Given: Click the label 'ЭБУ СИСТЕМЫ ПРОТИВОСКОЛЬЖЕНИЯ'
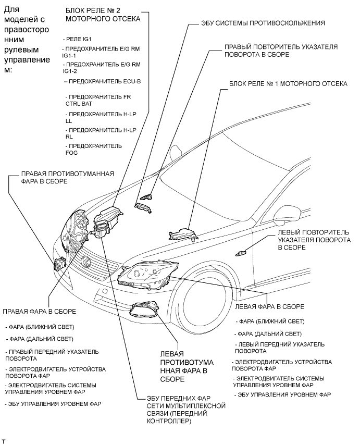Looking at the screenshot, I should (x=263, y=23).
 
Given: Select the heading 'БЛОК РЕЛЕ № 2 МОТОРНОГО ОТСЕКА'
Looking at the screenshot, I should (x=102, y=14).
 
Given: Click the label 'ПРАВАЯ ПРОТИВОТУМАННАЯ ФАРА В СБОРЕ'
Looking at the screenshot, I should (x=67, y=177).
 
